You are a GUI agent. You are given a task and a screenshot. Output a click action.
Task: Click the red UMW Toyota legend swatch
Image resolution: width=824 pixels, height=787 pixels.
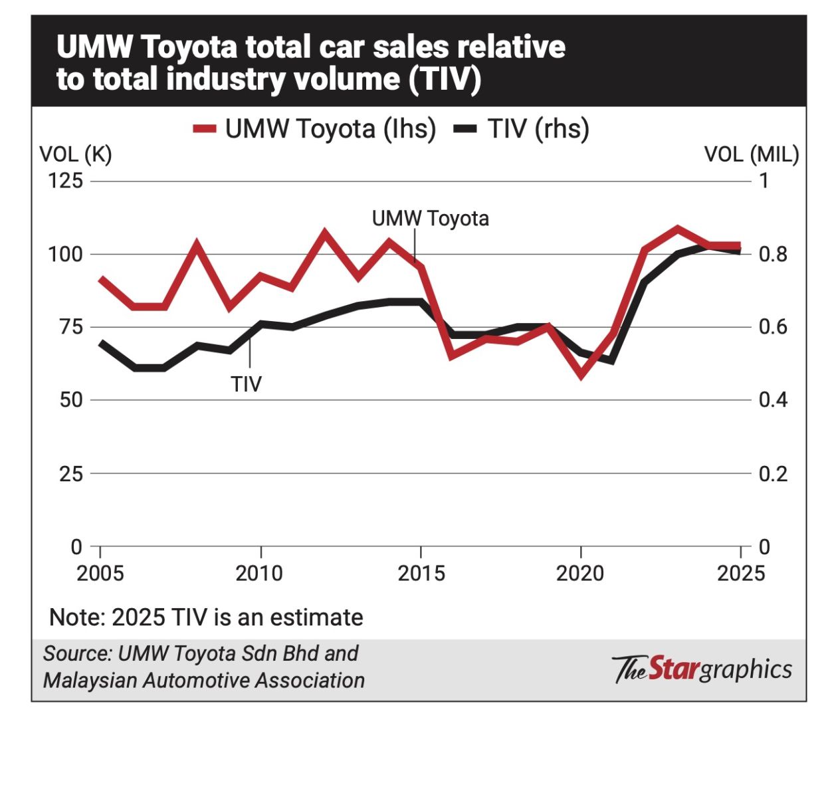[x=204, y=129]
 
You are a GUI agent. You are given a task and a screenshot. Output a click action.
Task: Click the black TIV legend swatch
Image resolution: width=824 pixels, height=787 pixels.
[x=465, y=129]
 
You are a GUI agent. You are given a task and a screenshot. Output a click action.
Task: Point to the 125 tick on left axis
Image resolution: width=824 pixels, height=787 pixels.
[x=66, y=181]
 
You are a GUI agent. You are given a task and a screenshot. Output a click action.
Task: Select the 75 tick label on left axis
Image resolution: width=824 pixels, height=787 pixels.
[x=66, y=327]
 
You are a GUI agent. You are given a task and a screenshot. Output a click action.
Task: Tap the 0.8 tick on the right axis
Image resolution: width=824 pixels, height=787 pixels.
[x=773, y=254]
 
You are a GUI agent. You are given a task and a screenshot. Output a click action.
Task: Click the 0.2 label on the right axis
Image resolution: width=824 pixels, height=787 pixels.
[x=773, y=474]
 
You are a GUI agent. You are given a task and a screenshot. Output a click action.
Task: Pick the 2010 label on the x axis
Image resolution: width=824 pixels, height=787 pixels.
[x=259, y=573]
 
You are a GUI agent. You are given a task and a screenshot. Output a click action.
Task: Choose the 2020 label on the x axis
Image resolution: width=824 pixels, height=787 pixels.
[x=580, y=573]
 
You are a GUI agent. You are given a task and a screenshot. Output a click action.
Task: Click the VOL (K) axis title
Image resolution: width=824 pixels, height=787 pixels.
[x=76, y=155]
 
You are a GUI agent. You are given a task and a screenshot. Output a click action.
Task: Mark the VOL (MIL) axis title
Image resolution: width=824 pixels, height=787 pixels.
[x=752, y=155]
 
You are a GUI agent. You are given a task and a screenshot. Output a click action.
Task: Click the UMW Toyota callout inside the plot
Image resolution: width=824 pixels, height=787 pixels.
[x=430, y=219]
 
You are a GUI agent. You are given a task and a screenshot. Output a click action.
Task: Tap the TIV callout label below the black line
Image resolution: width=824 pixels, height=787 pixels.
[x=247, y=384]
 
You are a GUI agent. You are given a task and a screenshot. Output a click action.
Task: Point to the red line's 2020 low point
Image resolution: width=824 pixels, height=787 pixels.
[x=581, y=374]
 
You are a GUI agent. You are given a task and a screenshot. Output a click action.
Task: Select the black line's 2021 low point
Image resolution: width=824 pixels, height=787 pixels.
[x=611, y=361]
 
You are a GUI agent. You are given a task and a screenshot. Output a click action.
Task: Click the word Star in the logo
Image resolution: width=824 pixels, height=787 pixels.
[x=672, y=669]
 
